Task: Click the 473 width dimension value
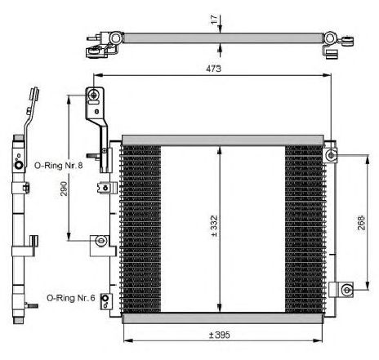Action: (x=213, y=69)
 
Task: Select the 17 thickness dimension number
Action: (x=214, y=20)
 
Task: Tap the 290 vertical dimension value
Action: (x=64, y=189)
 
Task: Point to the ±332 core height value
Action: (x=214, y=226)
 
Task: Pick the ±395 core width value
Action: (x=220, y=335)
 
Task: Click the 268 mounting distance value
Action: (x=361, y=223)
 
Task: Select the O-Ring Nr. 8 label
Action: (x=58, y=165)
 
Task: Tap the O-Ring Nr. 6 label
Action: (x=71, y=298)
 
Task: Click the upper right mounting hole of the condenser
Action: (x=331, y=155)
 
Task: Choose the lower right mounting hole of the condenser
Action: (x=346, y=290)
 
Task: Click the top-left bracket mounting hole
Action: (x=94, y=95)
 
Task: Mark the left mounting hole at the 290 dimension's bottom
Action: (x=101, y=241)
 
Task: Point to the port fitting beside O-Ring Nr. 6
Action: (x=106, y=301)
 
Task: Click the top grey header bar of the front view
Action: (x=223, y=140)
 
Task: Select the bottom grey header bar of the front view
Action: (x=223, y=318)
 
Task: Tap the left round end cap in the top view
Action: (x=116, y=38)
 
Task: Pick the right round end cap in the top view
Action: (x=330, y=38)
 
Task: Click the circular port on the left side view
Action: (x=19, y=165)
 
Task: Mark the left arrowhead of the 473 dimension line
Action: (x=97, y=75)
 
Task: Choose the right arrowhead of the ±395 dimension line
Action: (x=319, y=340)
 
